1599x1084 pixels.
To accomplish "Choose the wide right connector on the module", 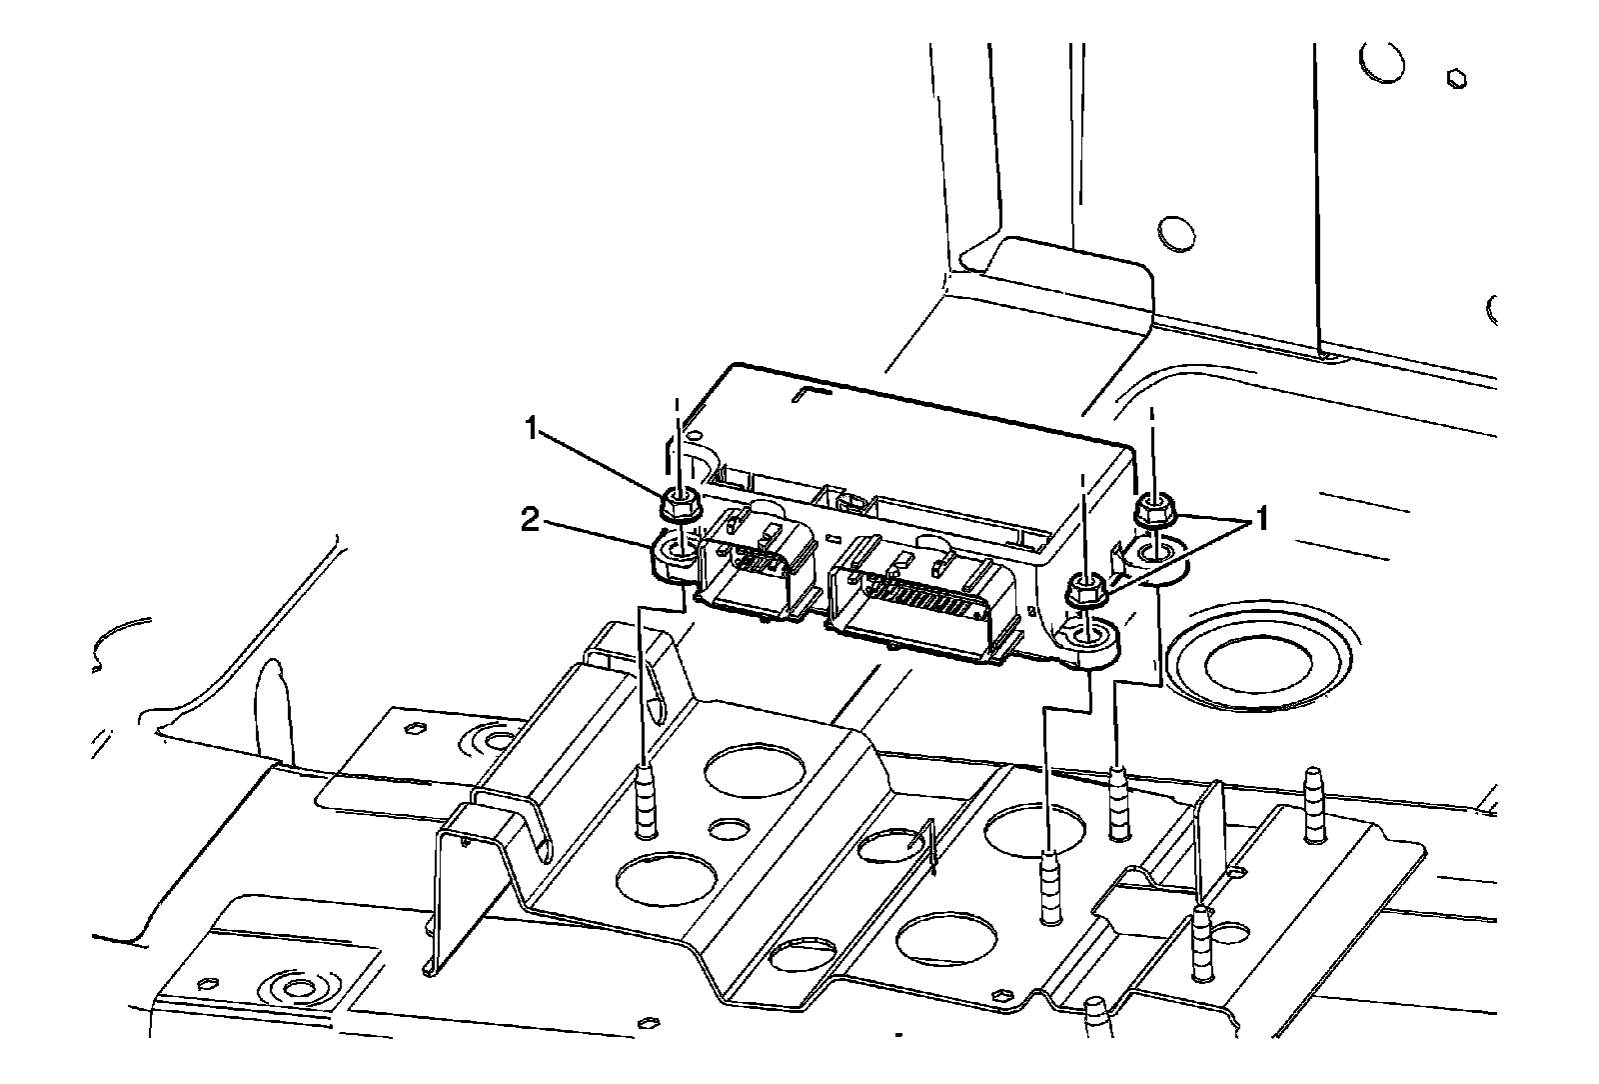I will (919, 600).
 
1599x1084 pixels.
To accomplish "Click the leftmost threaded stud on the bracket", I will (648, 800).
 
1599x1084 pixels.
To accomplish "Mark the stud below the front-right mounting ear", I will (1050, 885).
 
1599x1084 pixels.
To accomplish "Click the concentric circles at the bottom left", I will (298, 989).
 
